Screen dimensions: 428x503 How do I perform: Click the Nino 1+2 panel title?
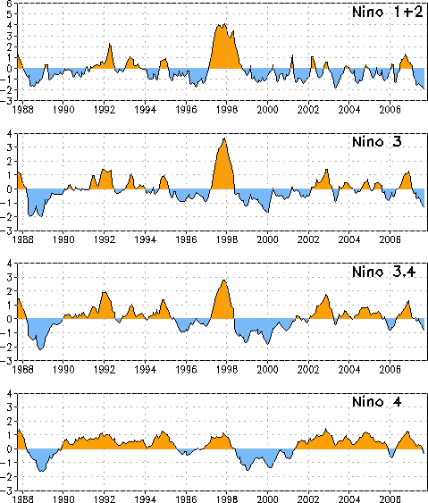tap(388, 13)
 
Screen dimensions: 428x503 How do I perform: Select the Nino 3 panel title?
tap(377, 142)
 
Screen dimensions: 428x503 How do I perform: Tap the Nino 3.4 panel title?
tap(383, 272)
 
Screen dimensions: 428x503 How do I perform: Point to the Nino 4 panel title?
tap(377, 402)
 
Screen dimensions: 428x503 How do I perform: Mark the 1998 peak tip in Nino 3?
tap(224, 138)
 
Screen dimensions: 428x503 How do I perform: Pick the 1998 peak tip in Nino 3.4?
tap(223, 281)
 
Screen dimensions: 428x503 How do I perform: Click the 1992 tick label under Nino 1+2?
tap(105, 110)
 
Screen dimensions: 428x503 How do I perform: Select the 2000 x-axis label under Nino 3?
tap(267, 239)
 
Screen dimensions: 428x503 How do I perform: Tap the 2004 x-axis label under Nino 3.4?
tap(349, 370)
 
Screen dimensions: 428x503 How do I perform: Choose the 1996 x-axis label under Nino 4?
tap(186, 499)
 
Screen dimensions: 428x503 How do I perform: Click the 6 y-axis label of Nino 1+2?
tap(9, 4)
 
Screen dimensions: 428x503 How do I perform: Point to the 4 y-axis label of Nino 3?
tap(9, 133)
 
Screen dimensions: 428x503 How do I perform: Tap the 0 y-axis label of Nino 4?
tap(9, 449)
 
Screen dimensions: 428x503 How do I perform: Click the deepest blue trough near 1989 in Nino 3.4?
tap(40, 349)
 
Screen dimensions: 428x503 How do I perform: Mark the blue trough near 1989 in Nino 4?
tap(41, 471)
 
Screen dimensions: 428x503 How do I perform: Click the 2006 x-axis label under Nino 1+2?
tap(390, 110)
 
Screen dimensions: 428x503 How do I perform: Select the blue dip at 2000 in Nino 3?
tap(267, 212)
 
